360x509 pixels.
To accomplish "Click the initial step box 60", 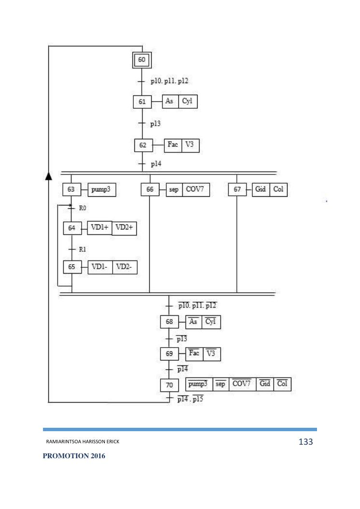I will pos(142,60).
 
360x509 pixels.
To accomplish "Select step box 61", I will pos(141,102).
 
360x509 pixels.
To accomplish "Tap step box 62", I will pos(143,145).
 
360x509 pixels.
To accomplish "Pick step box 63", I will pos(71,190).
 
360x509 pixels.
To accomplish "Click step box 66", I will pos(150,190).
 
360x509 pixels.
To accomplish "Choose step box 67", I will pos(237,190).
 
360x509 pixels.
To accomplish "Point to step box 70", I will pos(169,385).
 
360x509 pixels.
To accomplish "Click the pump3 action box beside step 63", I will pos(101,190).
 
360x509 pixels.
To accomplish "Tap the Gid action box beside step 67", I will pos(260,190).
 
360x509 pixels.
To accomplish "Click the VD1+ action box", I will pos(100,228).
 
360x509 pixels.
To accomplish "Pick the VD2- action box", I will pos(125,267).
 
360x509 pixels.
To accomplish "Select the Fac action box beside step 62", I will pos(173,145).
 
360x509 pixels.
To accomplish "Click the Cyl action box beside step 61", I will pos(187,102).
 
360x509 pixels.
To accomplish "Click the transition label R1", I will pos(82,249).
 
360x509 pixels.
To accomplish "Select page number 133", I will pos(306,442).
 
